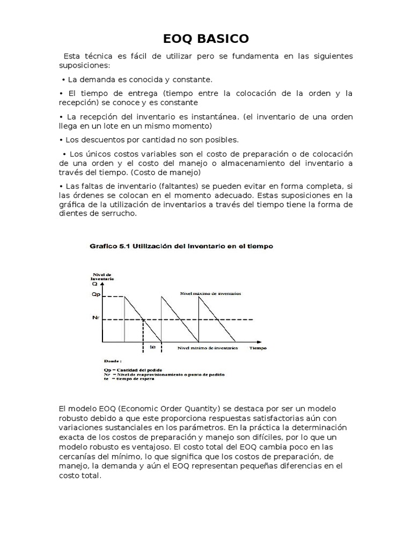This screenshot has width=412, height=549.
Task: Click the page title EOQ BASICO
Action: coord(206,39)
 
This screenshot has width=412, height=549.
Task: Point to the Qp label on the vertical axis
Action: coord(96,294)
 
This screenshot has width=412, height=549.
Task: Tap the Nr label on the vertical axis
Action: coord(95,317)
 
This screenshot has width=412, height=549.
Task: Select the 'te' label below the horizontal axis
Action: coord(152,347)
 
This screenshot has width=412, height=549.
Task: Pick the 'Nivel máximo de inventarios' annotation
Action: coord(210,294)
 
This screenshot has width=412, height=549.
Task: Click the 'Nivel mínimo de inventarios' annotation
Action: coord(208,348)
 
